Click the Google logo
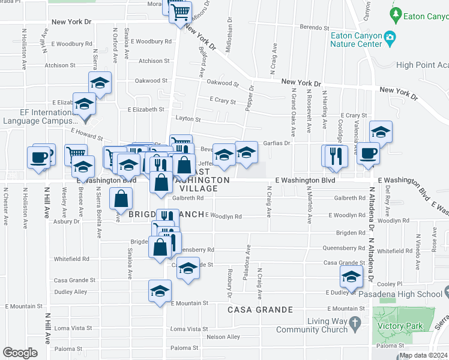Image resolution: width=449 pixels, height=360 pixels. (x=20, y=353)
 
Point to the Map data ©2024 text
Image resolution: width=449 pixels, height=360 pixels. (x=423, y=355)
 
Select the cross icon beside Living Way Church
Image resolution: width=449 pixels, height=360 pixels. (x=355, y=325)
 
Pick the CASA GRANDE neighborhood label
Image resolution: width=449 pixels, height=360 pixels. (x=260, y=310)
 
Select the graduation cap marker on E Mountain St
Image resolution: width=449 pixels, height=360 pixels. (x=159, y=291)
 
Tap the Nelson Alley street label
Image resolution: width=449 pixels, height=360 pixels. (x=224, y=337)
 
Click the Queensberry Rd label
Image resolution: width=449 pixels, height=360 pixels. (x=193, y=249)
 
